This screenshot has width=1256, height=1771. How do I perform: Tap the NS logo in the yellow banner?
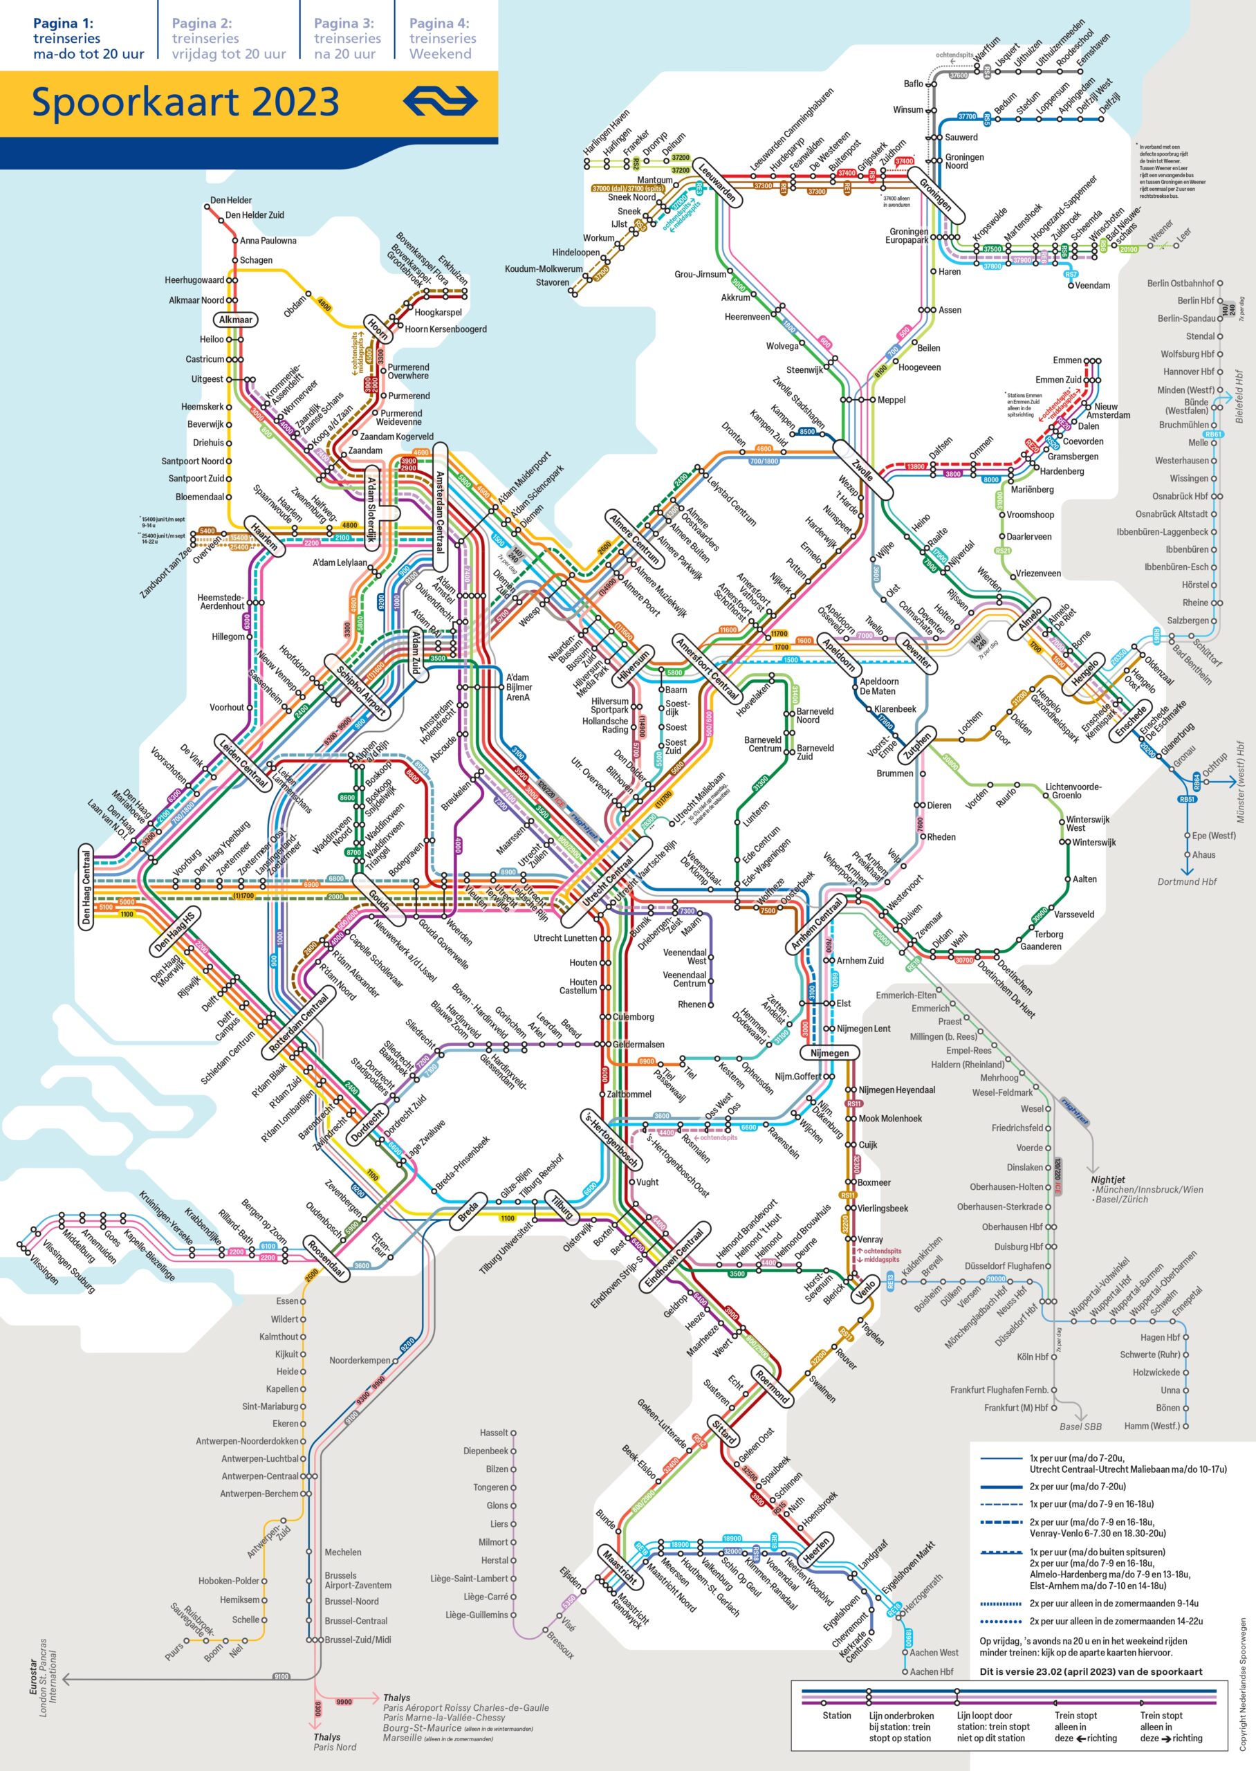[x=440, y=100]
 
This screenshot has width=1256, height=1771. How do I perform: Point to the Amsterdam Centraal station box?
[x=440, y=506]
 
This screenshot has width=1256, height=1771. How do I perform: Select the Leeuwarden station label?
[x=718, y=182]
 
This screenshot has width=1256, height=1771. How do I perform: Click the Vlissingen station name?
[x=44, y=1269]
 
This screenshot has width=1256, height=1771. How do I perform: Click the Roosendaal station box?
[x=325, y=1259]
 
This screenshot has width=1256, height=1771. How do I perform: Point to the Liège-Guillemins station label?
[x=477, y=1615]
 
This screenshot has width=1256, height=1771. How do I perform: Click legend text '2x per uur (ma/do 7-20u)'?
[x=1077, y=1487]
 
